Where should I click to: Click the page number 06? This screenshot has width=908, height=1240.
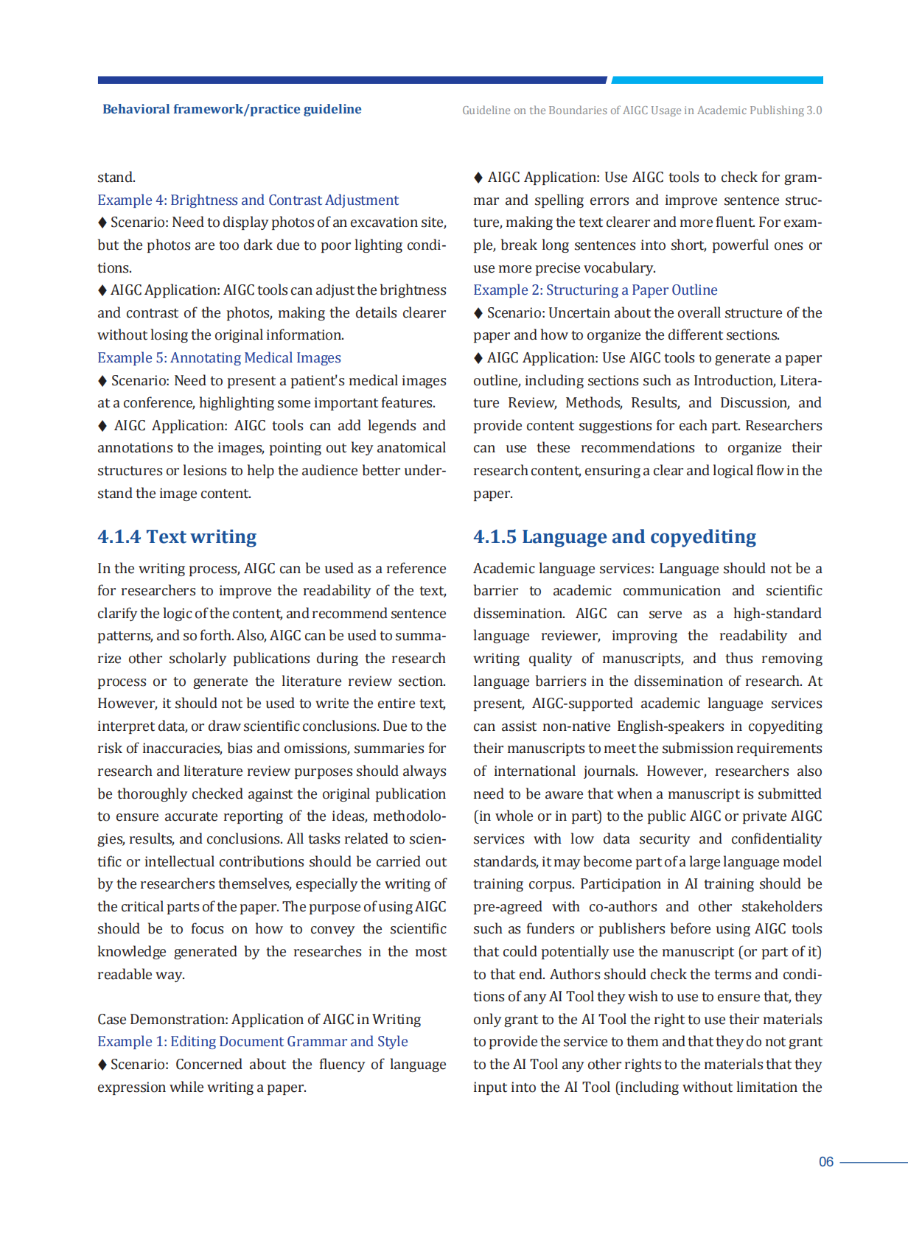[x=825, y=1162]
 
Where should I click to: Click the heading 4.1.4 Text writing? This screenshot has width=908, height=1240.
[x=177, y=536]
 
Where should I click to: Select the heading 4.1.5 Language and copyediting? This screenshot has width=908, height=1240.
[x=615, y=536]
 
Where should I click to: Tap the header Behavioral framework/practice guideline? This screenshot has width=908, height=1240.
[x=231, y=109]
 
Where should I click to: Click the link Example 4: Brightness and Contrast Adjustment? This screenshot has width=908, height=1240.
[x=248, y=200]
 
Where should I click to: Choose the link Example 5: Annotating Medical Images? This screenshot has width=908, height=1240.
[x=219, y=357]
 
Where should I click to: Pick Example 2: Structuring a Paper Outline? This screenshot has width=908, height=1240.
[x=595, y=290]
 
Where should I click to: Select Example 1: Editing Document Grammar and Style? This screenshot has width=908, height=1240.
[x=252, y=1041]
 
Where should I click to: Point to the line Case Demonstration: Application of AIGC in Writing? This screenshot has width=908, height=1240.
[x=259, y=1019]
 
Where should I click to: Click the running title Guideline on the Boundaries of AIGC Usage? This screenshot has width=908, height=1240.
[x=641, y=111]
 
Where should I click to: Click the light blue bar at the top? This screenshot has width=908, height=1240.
[x=716, y=80]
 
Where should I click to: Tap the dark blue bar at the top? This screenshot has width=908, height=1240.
[x=352, y=80]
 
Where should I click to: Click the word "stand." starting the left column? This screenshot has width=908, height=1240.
[x=116, y=178]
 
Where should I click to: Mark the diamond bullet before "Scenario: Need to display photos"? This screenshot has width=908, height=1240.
[x=102, y=223]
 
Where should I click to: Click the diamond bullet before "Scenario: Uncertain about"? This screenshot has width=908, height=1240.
[x=478, y=313]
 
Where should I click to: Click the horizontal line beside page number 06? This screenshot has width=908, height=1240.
[x=873, y=1163]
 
